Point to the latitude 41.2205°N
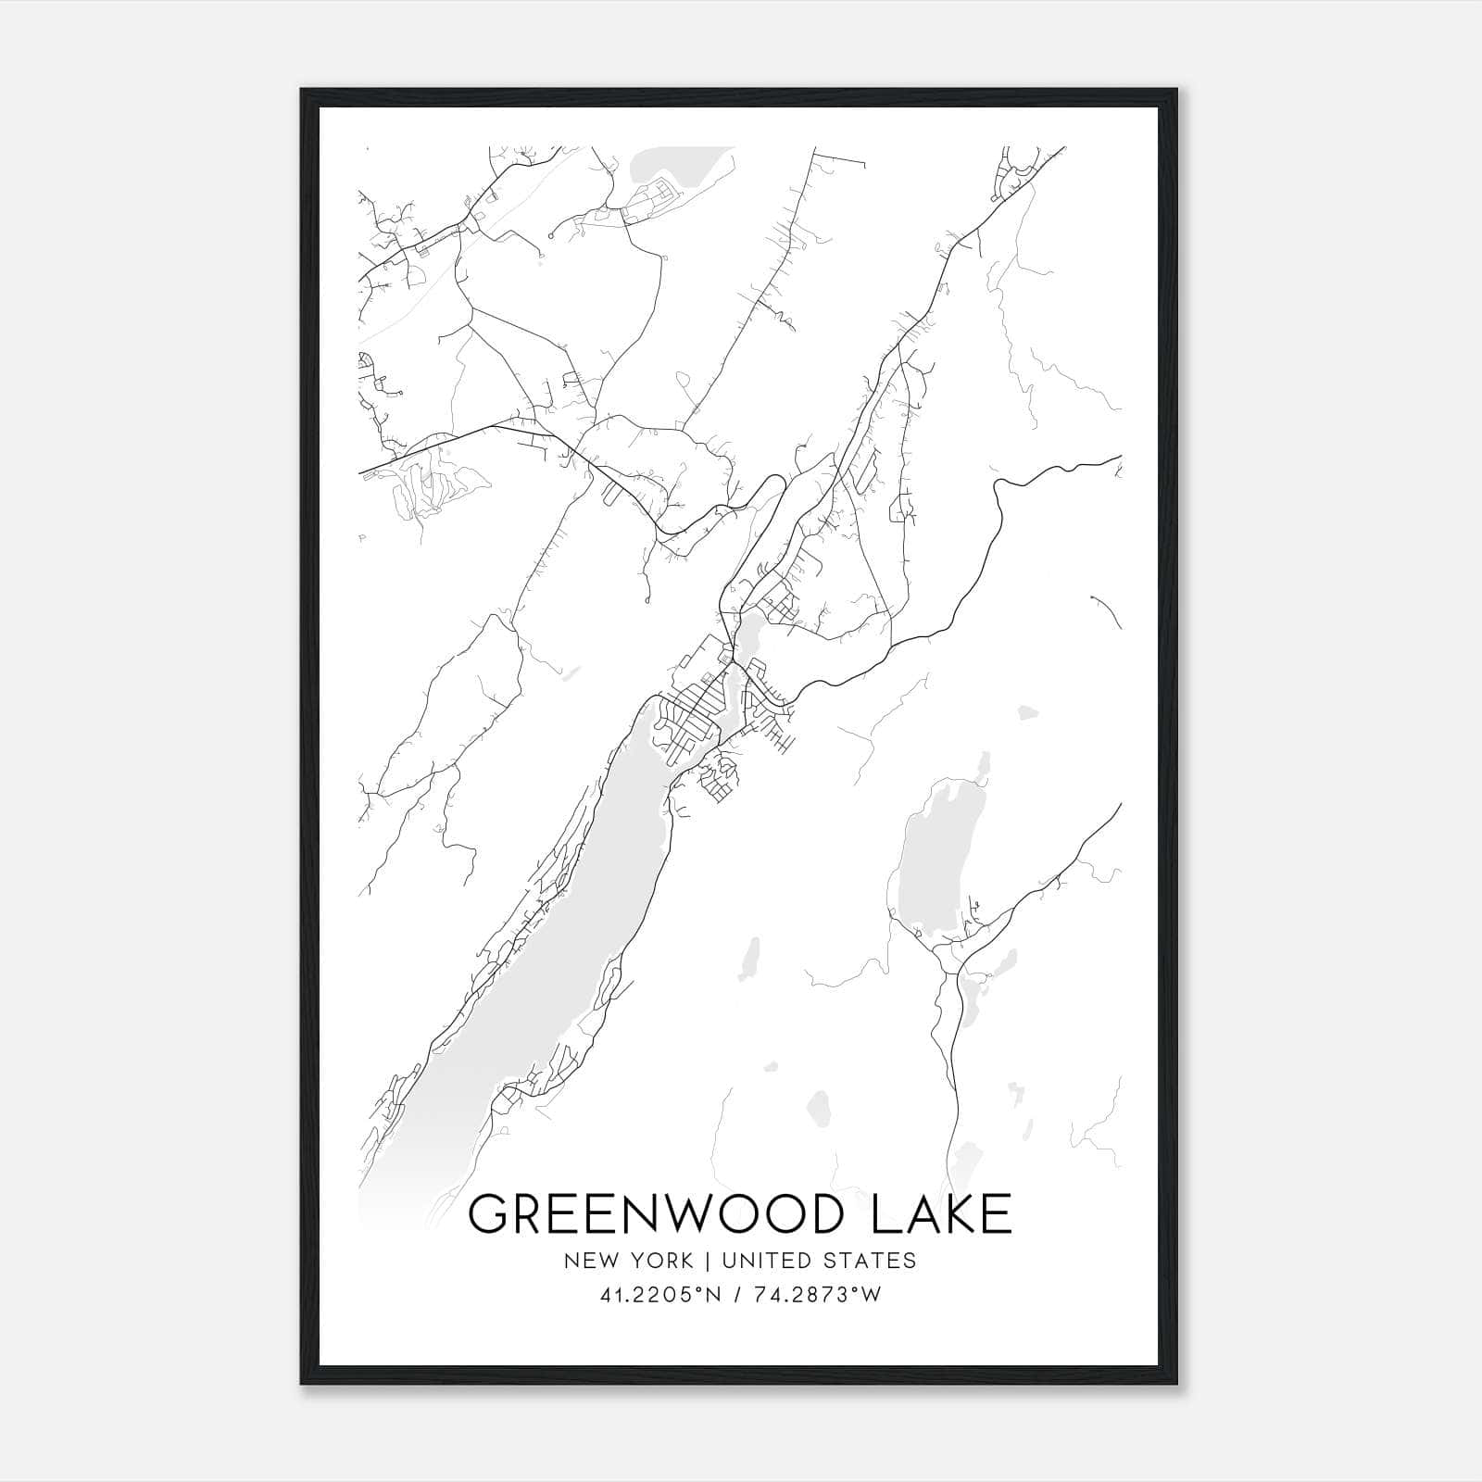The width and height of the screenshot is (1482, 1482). click(660, 1295)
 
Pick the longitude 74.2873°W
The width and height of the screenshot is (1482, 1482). click(818, 1295)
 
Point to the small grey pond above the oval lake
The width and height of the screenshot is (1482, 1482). click(1026, 712)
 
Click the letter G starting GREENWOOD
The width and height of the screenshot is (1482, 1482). click(490, 1214)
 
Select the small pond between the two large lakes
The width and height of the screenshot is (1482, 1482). click(751, 959)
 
